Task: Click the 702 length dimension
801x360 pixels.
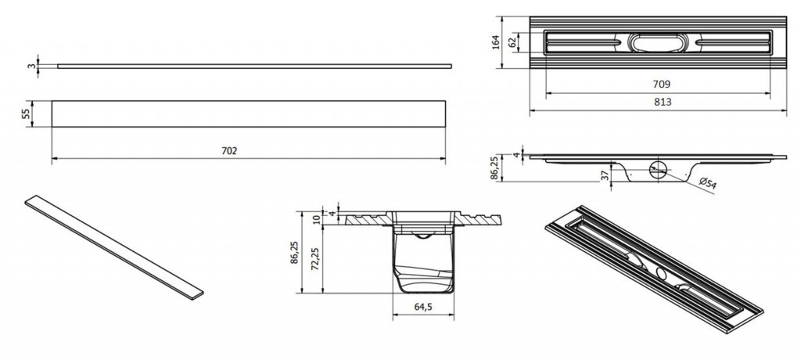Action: click(x=229, y=151)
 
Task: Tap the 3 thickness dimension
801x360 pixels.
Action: click(x=31, y=66)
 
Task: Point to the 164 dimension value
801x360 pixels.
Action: click(x=494, y=42)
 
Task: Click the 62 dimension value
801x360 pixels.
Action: click(x=512, y=42)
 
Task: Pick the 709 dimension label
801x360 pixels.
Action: click(x=662, y=85)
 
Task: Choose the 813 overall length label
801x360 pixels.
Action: click(x=663, y=102)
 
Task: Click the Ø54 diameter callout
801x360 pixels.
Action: click(x=707, y=184)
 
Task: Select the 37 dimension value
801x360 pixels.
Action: click(x=605, y=175)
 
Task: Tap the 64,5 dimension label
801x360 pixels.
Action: click(x=423, y=307)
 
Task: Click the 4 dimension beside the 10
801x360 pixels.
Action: click(x=331, y=214)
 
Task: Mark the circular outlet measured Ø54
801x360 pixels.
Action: click(x=658, y=169)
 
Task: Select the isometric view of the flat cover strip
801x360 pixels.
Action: click(x=114, y=247)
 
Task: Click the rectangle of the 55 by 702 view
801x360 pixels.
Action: click(x=249, y=113)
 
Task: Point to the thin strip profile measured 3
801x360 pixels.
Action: click(x=254, y=66)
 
